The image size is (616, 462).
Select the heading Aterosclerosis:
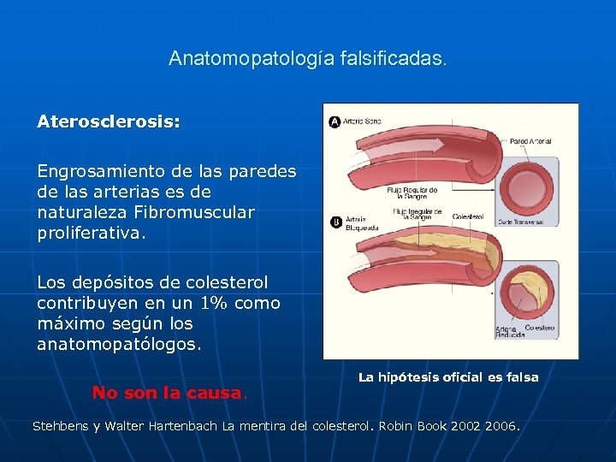click(109, 121)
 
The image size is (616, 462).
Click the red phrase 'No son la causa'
click(167, 393)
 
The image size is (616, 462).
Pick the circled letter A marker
click(335, 121)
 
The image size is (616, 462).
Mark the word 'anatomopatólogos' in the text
click(120, 345)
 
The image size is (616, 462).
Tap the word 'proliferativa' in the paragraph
click(90, 234)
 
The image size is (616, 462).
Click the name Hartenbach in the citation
click(185, 425)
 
